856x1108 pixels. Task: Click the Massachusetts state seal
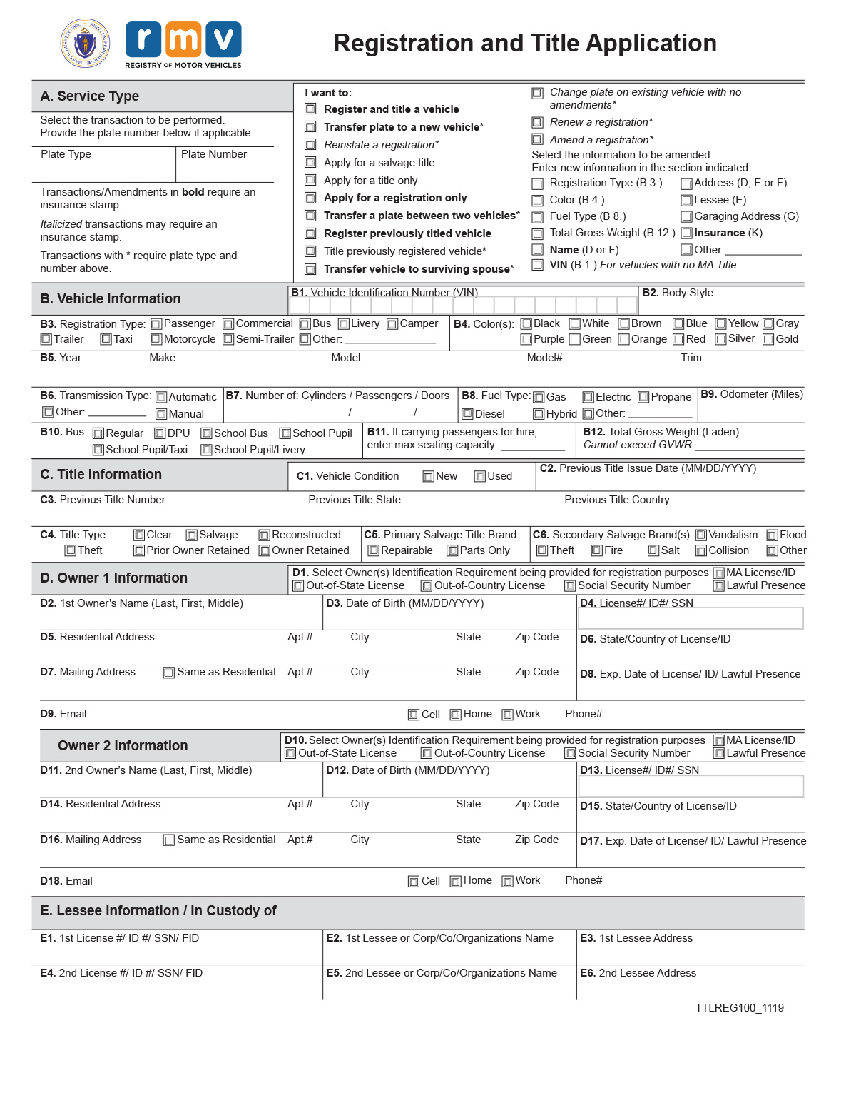[x=85, y=44]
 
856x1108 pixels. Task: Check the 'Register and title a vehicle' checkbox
[x=310, y=109]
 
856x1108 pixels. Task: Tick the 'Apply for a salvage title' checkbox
[x=310, y=163]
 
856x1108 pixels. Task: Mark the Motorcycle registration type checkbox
[x=156, y=340]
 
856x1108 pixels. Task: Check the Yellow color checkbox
[x=720, y=324]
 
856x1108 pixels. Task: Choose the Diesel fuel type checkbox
[x=467, y=414]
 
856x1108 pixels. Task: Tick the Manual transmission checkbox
[x=161, y=414]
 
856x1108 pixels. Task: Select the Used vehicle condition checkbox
[x=480, y=477]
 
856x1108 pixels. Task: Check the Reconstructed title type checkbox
[x=264, y=535]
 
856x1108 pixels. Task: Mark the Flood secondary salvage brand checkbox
[x=772, y=535]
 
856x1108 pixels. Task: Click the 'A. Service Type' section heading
[x=90, y=96]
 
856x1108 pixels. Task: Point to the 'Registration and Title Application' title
[x=525, y=44]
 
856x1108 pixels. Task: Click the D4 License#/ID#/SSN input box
[x=691, y=618]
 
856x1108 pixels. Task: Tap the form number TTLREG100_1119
[x=739, y=1008]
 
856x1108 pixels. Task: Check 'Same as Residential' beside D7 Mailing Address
[x=169, y=673]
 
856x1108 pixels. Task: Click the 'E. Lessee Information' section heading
[x=158, y=911]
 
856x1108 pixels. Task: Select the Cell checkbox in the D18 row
[x=414, y=882]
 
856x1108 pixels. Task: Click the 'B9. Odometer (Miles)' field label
[x=751, y=394]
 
